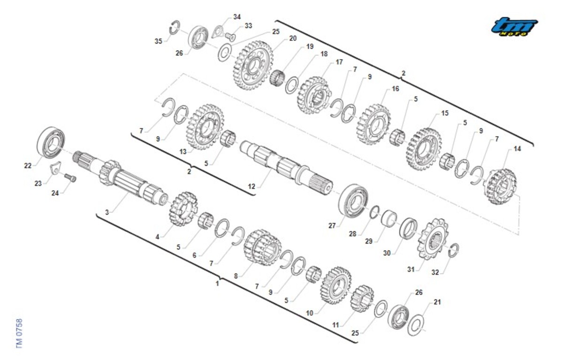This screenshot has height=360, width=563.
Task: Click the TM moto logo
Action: (514, 26)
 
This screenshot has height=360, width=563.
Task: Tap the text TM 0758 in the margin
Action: (19, 333)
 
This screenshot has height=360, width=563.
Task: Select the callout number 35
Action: (159, 41)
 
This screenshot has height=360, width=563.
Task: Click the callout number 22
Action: (28, 166)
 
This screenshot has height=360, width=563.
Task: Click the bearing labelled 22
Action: (51, 142)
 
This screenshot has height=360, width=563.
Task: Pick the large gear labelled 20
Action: (253, 66)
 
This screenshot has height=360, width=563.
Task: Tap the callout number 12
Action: (251, 186)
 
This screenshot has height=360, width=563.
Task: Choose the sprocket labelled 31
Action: (433, 239)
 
